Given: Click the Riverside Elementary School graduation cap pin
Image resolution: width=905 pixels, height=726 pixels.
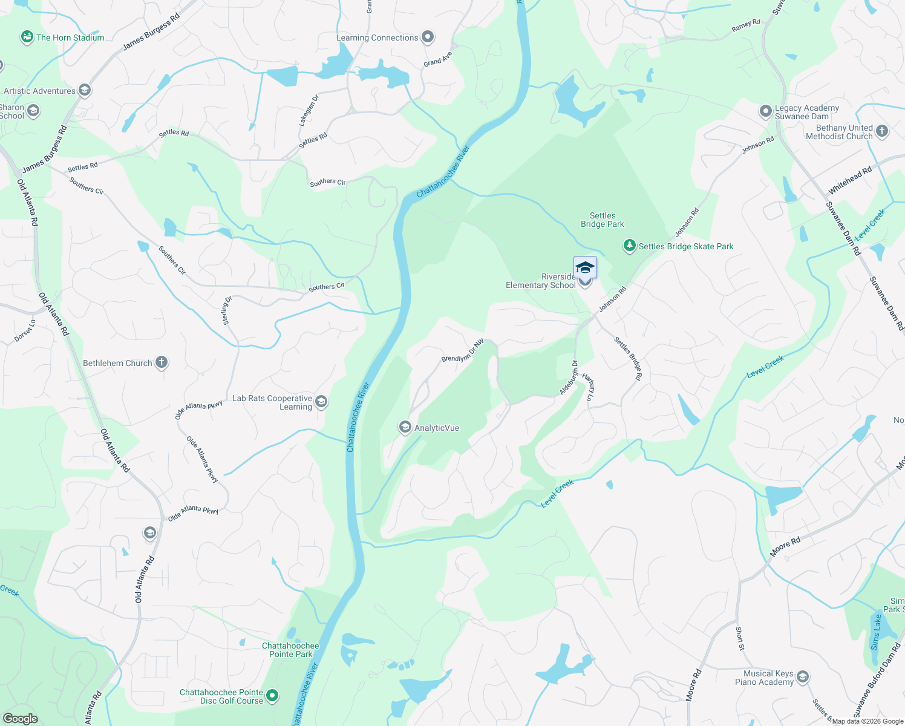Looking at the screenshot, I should (x=585, y=267).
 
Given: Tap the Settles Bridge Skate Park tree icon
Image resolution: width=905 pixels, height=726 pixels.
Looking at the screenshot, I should (x=630, y=246).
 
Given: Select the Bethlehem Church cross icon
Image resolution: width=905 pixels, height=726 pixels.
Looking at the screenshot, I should (x=162, y=362).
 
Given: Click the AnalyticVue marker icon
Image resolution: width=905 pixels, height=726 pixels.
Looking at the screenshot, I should (x=405, y=428).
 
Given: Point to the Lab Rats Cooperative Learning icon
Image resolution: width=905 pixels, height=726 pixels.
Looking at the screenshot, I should (x=322, y=402).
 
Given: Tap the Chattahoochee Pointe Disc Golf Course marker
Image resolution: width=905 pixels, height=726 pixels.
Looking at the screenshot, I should (x=272, y=696).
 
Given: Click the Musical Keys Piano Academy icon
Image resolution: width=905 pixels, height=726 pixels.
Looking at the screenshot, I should (x=803, y=677).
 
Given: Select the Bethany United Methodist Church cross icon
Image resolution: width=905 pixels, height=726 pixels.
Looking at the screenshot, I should (x=882, y=131).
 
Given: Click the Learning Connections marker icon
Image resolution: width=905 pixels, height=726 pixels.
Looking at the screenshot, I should (x=428, y=37).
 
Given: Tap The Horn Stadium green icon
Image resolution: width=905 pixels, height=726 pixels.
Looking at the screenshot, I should (x=27, y=38).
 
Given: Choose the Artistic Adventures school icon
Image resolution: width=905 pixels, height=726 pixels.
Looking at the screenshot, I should (x=85, y=91).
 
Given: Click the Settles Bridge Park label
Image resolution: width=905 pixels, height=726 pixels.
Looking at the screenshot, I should (x=603, y=220).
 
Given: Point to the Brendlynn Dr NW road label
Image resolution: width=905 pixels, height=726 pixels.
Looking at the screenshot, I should (x=463, y=351).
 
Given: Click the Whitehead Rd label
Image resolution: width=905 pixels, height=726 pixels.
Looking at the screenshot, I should (x=850, y=180).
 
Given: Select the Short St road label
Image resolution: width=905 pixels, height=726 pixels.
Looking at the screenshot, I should (x=740, y=638).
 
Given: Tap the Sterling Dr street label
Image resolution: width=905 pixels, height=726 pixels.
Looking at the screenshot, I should (x=227, y=310).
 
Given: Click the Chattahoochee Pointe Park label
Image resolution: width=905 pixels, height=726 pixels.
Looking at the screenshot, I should (x=290, y=650).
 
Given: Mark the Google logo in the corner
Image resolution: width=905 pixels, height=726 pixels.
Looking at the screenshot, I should (x=20, y=719).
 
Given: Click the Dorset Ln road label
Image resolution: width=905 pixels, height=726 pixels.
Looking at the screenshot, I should (x=25, y=331).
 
